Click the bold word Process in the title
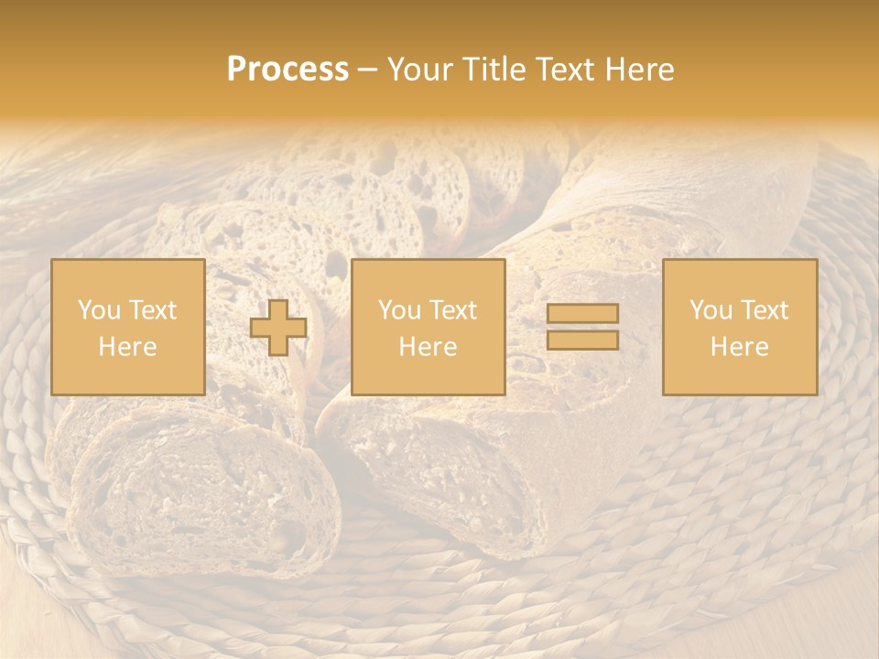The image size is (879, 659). click(x=288, y=70)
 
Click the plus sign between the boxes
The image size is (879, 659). click(x=278, y=328)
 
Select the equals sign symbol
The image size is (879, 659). click(x=582, y=327)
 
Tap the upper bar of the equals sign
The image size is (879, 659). click(x=582, y=314)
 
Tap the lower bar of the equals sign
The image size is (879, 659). click(x=582, y=340)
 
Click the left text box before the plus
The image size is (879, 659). click(x=127, y=327)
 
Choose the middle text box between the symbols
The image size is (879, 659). click(x=428, y=327)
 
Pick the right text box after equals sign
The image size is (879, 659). click(x=739, y=327)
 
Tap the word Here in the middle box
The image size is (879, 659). click(x=428, y=347)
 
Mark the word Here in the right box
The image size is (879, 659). click(x=739, y=347)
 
